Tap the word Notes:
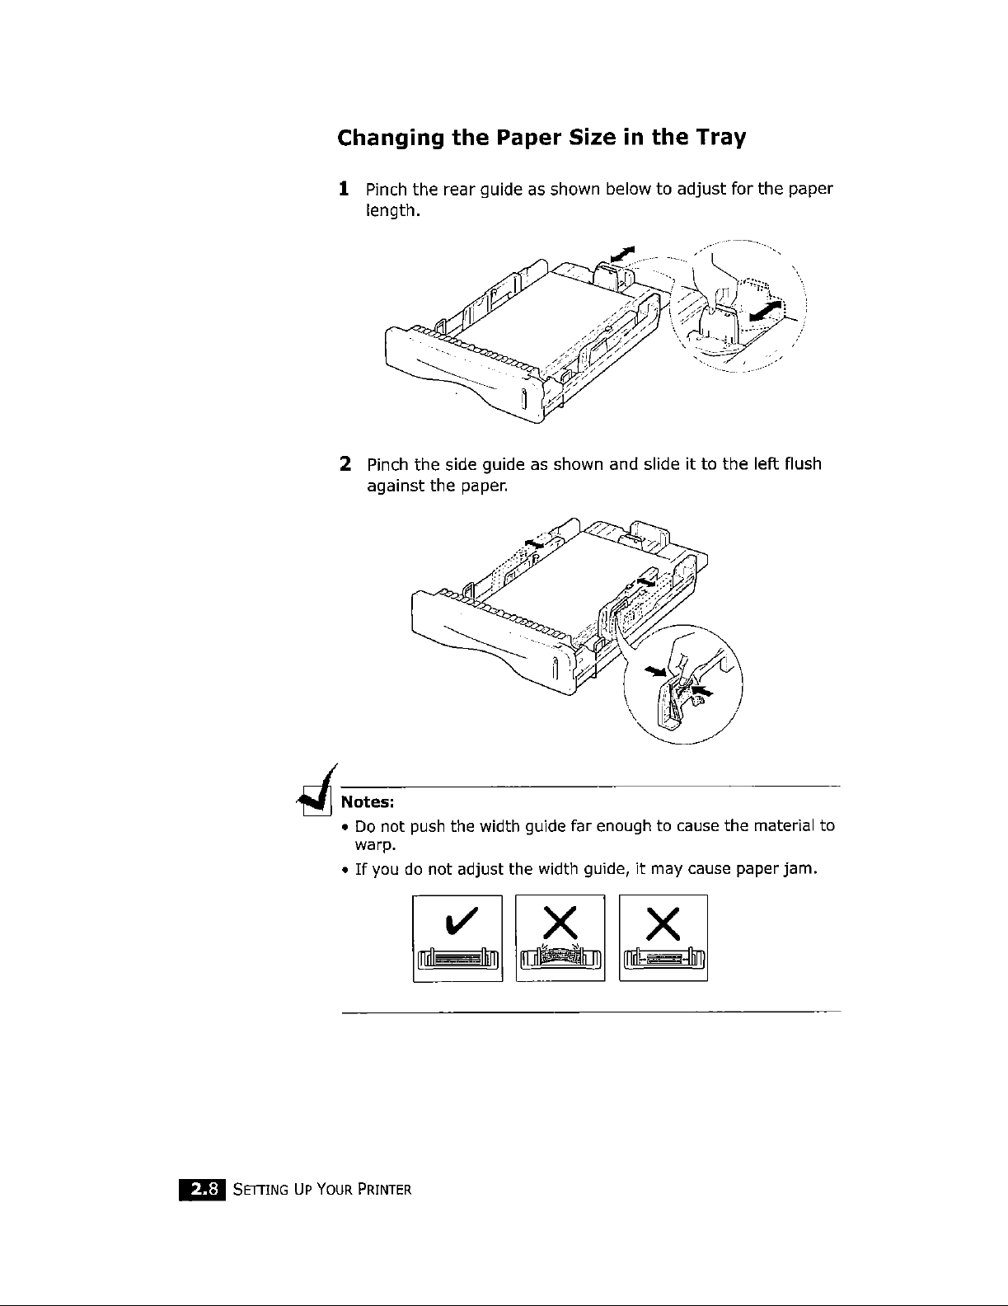pyautogui.click(x=368, y=801)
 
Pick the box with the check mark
pyautogui.click(x=457, y=938)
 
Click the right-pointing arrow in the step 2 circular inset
pyautogui.click(x=657, y=672)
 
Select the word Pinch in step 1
pyautogui.click(x=387, y=189)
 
